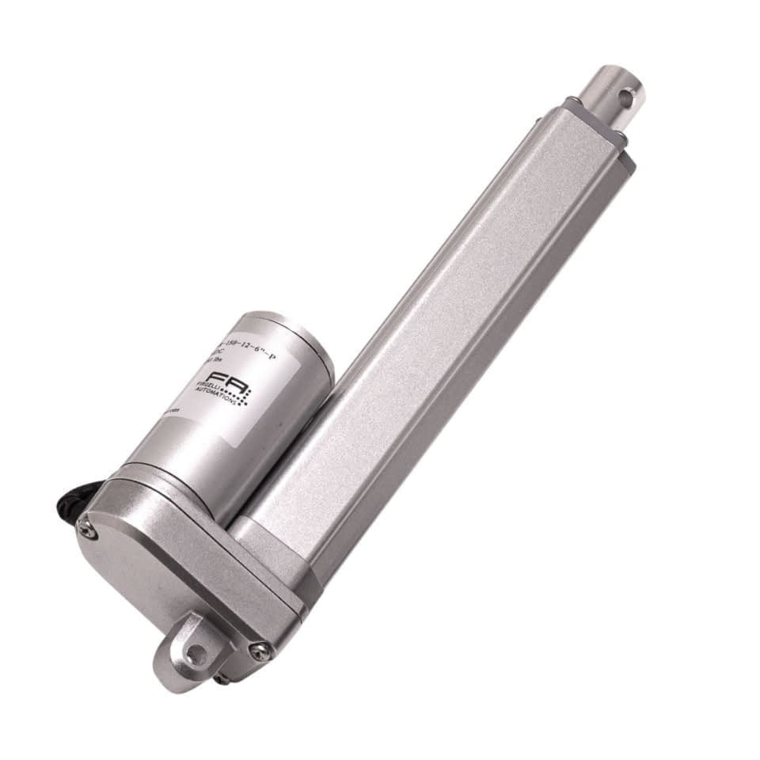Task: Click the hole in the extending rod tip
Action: tap(625, 99)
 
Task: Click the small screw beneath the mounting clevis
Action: tap(224, 678)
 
